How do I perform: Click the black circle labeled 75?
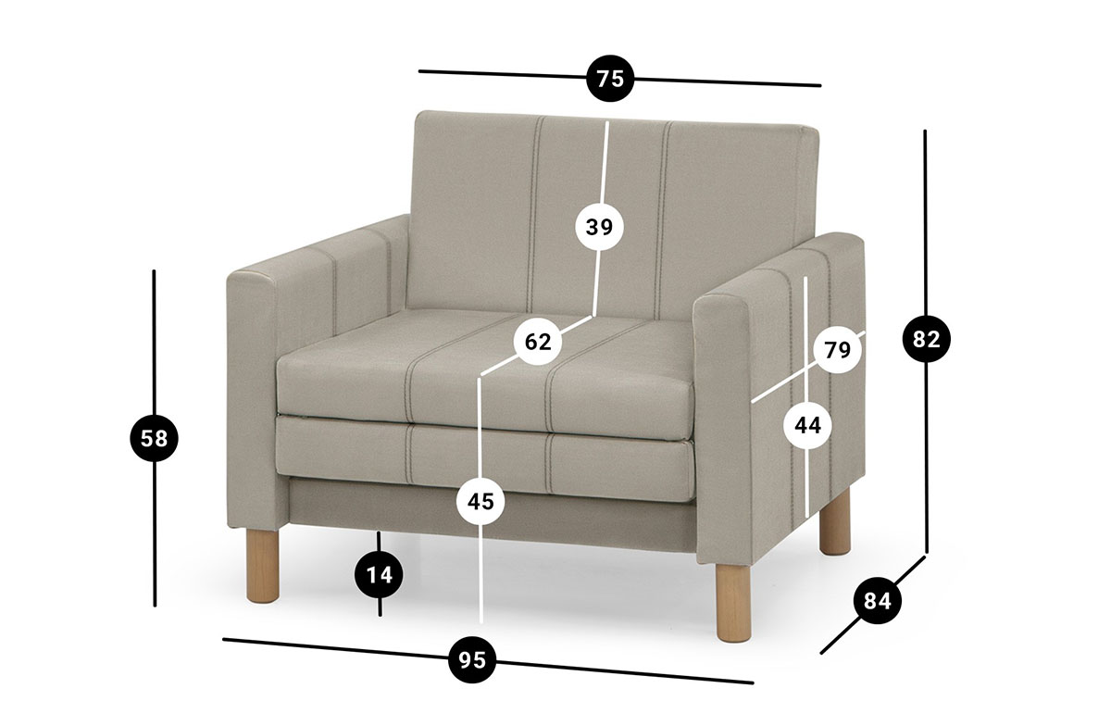pyautogui.click(x=610, y=79)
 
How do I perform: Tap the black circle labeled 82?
pyautogui.click(x=927, y=340)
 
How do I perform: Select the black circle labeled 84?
pyautogui.click(x=878, y=601)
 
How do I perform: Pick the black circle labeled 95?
pyautogui.click(x=472, y=659)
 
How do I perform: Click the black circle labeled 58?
pyautogui.click(x=155, y=439)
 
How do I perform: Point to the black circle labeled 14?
pyautogui.click(x=380, y=575)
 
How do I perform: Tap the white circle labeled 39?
pyautogui.click(x=599, y=227)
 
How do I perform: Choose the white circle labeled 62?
pyautogui.click(x=538, y=342)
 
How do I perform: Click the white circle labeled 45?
pyautogui.click(x=481, y=502)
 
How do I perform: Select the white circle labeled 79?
pyautogui.click(x=838, y=350)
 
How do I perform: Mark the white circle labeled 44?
pyautogui.click(x=808, y=426)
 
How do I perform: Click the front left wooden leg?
pyautogui.click(x=263, y=566)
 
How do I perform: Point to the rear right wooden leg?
pyautogui.click(x=835, y=521)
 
